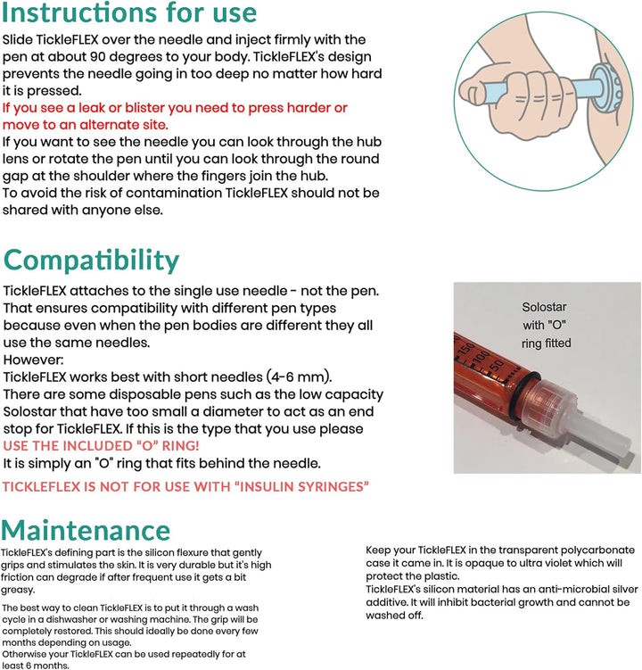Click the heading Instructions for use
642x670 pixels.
tap(130, 14)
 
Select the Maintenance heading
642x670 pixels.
tap(86, 529)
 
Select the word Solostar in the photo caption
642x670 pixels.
tap(543, 307)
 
